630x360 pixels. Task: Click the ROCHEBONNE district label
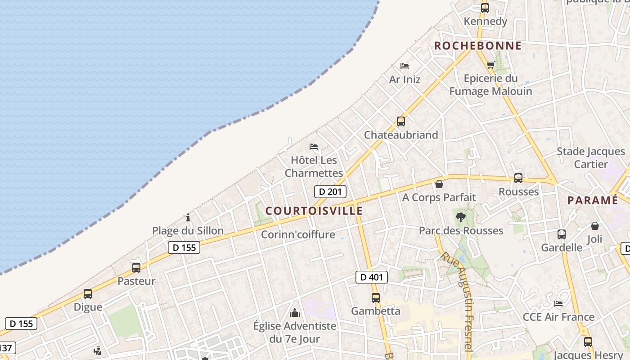pyautogui.click(x=478, y=45)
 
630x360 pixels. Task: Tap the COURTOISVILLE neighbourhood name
pyautogui.click(x=314, y=211)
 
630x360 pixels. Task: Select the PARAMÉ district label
pyautogui.click(x=593, y=200)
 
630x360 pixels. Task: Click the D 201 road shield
pyautogui.click(x=330, y=192)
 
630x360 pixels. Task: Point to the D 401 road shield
pyautogui.click(x=372, y=277)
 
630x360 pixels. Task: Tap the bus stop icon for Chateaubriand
pyautogui.click(x=400, y=121)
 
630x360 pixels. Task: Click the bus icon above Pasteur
pyautogui.click(x=136, y=267)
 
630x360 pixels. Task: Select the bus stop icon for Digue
pyautogui.click(x=88, y=294)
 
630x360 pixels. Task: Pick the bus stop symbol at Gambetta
pyautogui.click(x=376, y=297)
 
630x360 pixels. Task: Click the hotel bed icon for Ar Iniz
pyautogui.click(x=405, y=66)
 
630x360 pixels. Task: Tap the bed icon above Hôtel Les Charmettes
pyautogui.click(x=314, y=147)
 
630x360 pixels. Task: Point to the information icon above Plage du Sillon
pyautogui.click(x=188, y=218)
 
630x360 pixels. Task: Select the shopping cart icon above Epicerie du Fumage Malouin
pyautogui.click(x=490, y=65)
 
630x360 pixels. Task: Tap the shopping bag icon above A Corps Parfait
pyautogui.click(x=439, y=184)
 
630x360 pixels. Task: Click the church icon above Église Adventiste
pyautogui.click(x=295, y=312)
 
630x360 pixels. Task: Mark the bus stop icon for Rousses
pyautogui.click(x=518, y=178)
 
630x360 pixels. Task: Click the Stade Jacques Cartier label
pyautogui.click(x=591, y=157)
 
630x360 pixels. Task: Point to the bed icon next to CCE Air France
pyautogui.click(x=558, y=303)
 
